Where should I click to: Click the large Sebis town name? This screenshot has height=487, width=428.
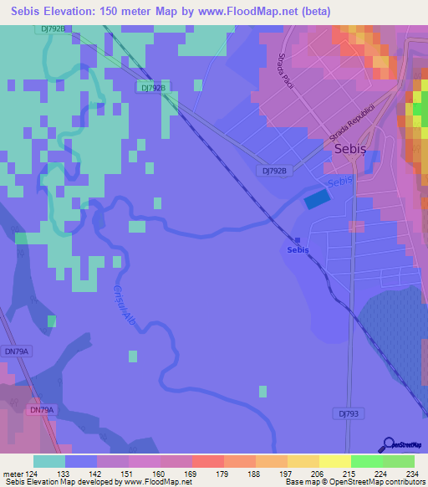pos(350,148)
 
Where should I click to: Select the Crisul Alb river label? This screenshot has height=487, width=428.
pos(123,304)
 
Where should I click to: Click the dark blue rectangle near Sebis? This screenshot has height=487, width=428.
pos(317,199)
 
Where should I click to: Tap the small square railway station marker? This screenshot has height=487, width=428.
pos(298,240)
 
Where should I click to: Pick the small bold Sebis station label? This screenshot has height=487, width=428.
pos(298,250)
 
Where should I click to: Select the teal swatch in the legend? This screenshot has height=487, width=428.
pos(49,461)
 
